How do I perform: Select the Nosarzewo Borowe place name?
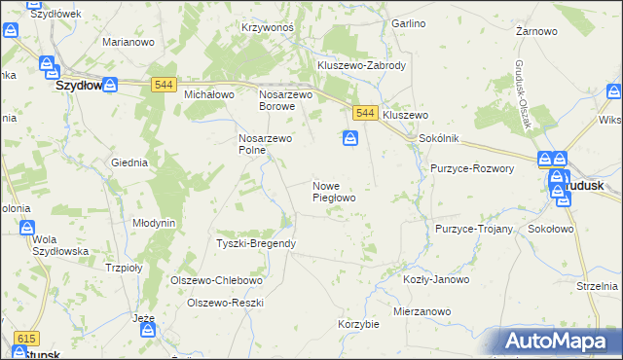[285, 100]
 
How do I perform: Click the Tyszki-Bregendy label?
[255, 242]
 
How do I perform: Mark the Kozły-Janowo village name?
[435, 279]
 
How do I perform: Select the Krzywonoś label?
[268, 27]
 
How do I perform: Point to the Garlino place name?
[408, 22]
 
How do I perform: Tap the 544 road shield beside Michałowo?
[163, 87]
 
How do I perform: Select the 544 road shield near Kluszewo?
[365, 114]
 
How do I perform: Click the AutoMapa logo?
[555, 342]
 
